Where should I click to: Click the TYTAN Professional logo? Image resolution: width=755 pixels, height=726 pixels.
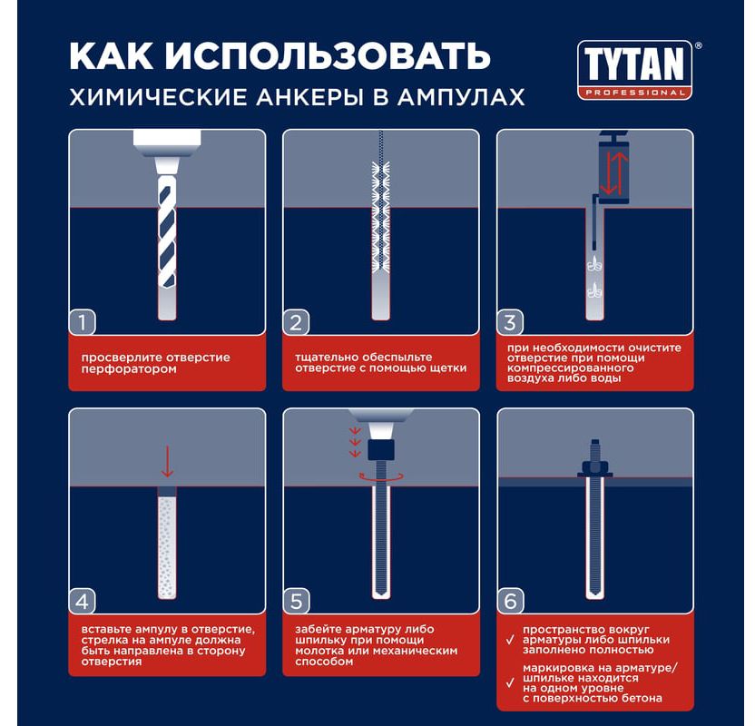click(x=634, y=70)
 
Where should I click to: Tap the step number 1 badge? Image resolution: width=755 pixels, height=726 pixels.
click(x=83, y=322)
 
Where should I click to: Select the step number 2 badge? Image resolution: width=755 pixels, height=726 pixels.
click(x=296, y=322)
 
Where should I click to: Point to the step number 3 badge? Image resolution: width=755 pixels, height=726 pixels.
click(x=510, y=322)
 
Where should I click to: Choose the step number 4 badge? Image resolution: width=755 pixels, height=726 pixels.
click(x=83, y=602)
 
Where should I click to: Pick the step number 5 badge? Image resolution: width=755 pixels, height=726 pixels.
click(x=296, y=602)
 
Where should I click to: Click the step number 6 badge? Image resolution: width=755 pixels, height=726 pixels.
click(x=510, y=602)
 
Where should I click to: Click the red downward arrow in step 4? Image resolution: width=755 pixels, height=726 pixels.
click(x=167, y=461)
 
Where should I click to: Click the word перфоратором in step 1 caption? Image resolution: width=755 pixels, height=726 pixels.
click(x=129, y=369)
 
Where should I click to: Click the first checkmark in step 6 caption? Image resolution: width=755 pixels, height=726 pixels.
click(x=510, y=641)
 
